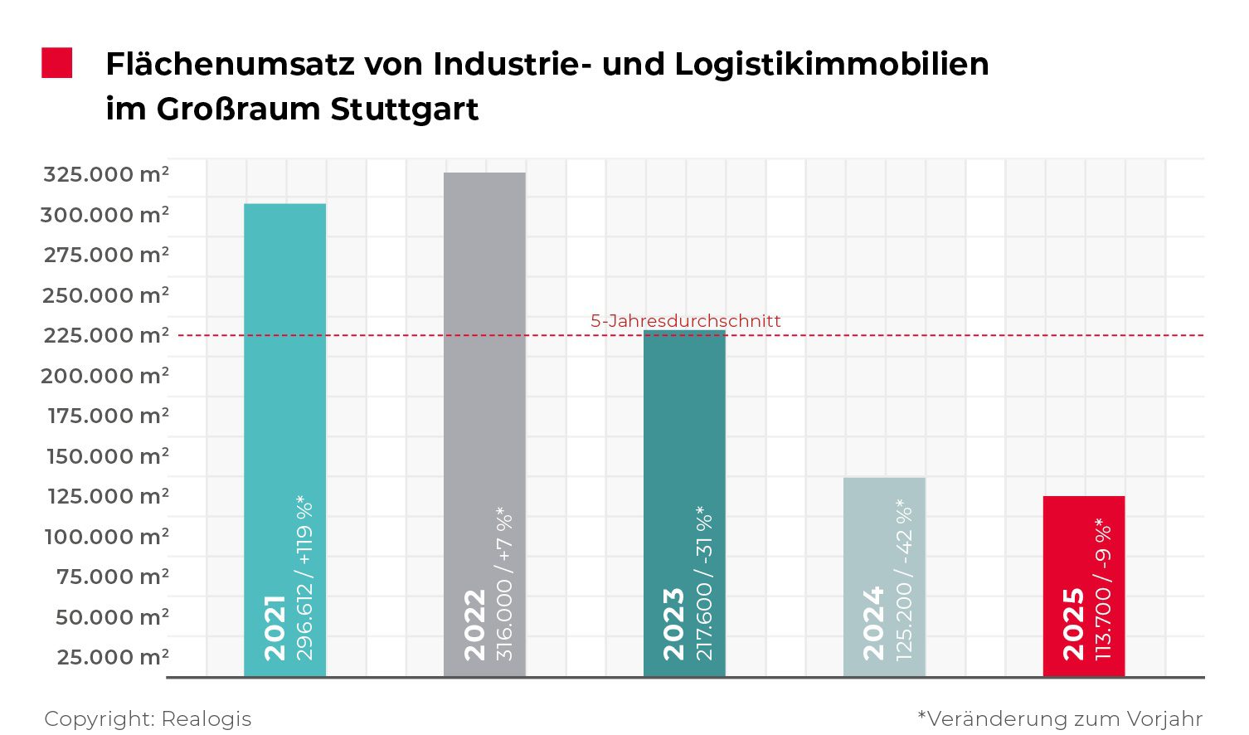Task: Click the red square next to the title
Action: tap(57, 63)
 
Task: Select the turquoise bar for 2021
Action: tap(284, 373)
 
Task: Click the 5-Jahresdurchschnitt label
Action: tap(685, 321)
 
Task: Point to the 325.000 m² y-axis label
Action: tap(105, 174)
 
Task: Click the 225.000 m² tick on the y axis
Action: tap(105, 335)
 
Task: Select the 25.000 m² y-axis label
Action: tap(112, 657)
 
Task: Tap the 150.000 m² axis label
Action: tap(107, 456)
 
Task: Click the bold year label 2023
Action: tap(673, 624)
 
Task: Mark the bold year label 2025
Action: tap(1073, 624)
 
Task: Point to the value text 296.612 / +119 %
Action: tap(305, 577)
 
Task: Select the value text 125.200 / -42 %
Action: tap(904, 579)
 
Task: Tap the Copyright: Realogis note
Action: tap(148, 718)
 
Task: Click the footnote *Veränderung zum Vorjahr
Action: tap(1060, 718)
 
